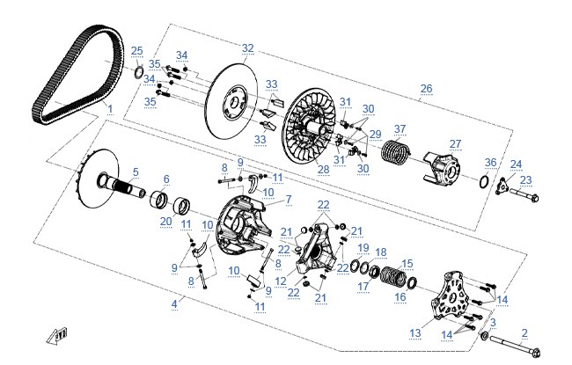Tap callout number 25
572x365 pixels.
pyautogui.click(x=136, y=51)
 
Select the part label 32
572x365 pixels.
pyautogui.click(x=247, y=48)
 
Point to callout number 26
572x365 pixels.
pyautogui.click(x=426, y=89)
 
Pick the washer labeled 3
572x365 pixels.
pyautogui.click(x=485, y=335)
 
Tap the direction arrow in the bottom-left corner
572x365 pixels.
pyautogui.click(x=57, y=336)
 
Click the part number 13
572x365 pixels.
pyautogui.click(x=415, y=333)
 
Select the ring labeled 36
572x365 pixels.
pyautogui.click(x=484, y=181)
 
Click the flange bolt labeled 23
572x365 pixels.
pyautogui.click(x=524, y=195)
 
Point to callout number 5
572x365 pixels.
pyautogui.click(x=136, y=172)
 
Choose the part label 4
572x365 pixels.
pyautogui.click(x=174, y=303)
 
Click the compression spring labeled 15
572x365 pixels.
pyautogui.click(x=393, y=276)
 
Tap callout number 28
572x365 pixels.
pyautogui.click(x=323, y=169)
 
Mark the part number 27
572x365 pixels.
pyautogui.click(x=455, y=144)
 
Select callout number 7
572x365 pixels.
pyautogui.click(x=289, y=200)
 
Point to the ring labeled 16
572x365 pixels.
pyautogui.click(x=412, y=281)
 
